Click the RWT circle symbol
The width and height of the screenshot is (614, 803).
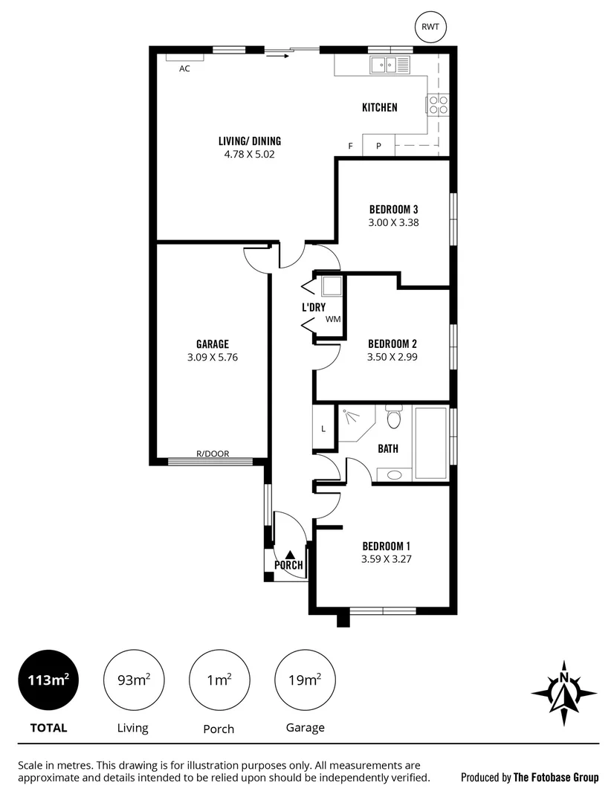click(x=430, y=27)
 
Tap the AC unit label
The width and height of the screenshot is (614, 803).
click(x=184, y=68)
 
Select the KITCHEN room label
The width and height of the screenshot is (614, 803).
click(x=379, y=108)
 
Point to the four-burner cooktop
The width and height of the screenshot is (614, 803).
click(x=438, y=105)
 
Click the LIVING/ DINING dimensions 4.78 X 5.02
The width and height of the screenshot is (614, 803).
click(x=250, y=155)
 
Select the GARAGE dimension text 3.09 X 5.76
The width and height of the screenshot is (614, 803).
click(x=212, y=357)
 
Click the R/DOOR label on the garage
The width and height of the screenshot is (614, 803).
click(x=213, y=454)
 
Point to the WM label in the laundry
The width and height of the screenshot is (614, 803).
click(x=332, y=320)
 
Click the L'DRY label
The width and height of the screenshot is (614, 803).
click(x=313, y=307)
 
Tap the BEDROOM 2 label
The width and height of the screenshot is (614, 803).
click(x=392, y=344)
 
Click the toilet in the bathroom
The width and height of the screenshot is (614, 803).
click(x=394, y=418)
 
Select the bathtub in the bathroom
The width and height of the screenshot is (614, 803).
click(x=430, y=442)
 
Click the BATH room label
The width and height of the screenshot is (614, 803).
click(x=388, y=449)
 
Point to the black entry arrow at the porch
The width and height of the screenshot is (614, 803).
click(x=289, y=554)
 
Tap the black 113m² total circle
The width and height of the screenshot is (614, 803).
click(x=48, y=680)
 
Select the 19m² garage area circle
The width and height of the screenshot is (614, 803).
click(x=305, y=680)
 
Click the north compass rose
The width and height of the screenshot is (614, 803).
click(x=564, y=692)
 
